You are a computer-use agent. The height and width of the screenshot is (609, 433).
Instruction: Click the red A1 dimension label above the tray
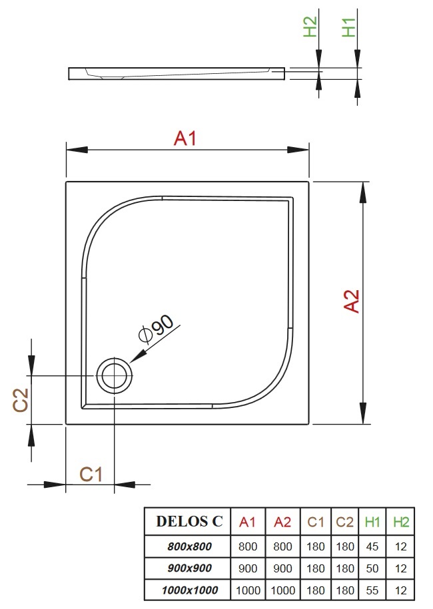pos(186,138)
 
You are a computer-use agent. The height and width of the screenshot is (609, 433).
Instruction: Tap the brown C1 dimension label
pos(91,474)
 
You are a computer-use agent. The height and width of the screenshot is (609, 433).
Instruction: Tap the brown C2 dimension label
pos(21,401)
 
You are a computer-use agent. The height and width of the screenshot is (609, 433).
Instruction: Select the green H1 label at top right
pos(349,27)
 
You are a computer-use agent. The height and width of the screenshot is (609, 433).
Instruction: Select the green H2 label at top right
pos(310,27)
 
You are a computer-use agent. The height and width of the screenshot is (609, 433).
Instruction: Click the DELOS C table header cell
pos(189,522)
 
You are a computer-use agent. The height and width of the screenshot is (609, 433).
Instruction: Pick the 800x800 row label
pos(189,546)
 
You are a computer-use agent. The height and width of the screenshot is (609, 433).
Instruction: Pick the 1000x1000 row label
pos(189,589)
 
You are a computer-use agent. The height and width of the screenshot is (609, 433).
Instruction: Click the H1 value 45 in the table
pos(372,546)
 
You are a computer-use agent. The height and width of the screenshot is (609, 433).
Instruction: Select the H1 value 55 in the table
pos(372,589)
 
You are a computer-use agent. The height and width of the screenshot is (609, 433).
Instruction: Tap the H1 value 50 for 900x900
pos(372,568)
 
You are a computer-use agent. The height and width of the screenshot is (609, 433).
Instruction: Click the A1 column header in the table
pos(248,522)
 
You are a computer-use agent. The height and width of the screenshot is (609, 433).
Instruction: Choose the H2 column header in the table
pos(400,522)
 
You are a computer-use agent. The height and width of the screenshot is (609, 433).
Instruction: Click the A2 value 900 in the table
pos(282,568)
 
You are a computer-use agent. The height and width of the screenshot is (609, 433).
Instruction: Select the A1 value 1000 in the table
pos(248,589)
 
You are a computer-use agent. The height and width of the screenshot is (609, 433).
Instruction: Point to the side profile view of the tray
pos(177,73)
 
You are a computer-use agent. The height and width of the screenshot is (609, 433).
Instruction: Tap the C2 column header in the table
pos(344,522)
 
